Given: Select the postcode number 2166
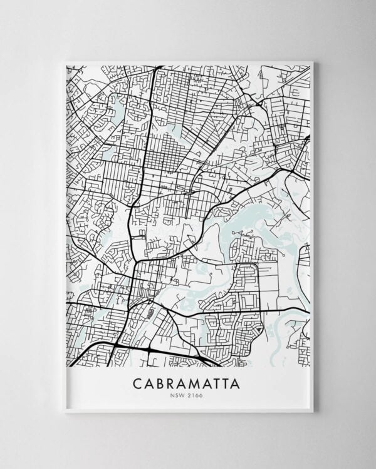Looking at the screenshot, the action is click(194, 394).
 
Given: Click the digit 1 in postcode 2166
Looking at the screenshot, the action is click(192, 394).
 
